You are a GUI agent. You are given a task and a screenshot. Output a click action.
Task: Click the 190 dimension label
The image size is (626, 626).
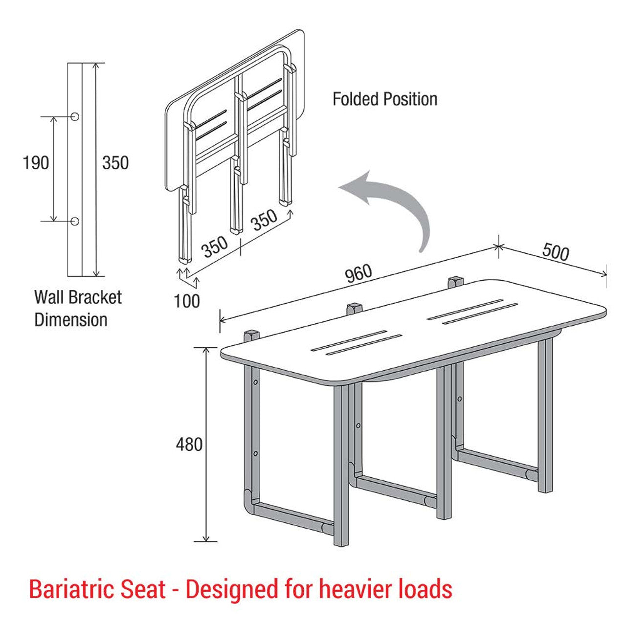click(36, 162)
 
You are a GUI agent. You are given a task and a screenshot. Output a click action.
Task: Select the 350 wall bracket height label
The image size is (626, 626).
click(115, 162)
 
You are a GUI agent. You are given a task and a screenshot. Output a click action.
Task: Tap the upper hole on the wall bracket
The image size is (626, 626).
click(75, 116)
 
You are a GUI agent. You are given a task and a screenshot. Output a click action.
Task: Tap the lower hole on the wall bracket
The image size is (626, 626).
click(75, 221)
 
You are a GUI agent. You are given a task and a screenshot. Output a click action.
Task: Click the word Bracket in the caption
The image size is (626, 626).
click(95, 297)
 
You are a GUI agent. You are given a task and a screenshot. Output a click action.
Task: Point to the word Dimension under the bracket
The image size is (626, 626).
click(70, 320)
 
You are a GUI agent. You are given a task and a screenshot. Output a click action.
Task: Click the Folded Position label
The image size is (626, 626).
click(385, 99)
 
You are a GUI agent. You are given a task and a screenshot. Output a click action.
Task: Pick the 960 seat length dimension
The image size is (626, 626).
click(359, 274)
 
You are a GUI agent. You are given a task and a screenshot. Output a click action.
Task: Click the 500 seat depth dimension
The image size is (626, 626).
click(556, 252)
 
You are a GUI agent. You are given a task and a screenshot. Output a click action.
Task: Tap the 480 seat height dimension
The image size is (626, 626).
click(189, 445)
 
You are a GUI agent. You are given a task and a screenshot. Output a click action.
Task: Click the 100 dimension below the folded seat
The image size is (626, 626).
click(187, 301)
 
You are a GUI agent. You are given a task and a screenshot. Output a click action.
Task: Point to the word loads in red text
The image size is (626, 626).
click(425, 589)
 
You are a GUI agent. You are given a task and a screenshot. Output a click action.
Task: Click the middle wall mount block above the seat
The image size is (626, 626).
click(354, 309)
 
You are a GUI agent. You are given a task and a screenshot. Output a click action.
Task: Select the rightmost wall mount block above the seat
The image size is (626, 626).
click(455, 281)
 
